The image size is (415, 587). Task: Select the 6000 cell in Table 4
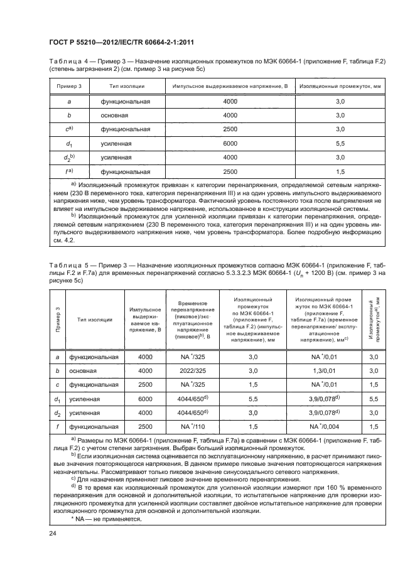click(x=230, y=143)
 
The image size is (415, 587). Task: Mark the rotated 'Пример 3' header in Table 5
click(x=57, y=319)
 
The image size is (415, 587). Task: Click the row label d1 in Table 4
click(x=69, y=144)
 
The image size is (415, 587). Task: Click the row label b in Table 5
click(x=57, y=370)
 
